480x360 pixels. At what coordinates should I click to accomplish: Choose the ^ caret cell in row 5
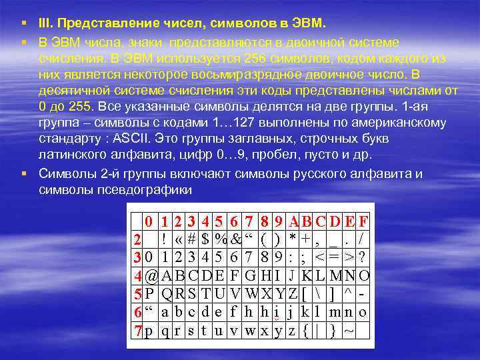(x=348, y=293)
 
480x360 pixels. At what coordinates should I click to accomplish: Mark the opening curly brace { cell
(x=305, y=331)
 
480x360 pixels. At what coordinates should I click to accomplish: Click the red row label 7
(x=136, y=331)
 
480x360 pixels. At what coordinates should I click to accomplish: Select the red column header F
(x=363, y=221)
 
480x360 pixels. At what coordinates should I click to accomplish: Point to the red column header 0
(x=151, y=221)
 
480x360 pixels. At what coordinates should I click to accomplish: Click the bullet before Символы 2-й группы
(x=23, y=174)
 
